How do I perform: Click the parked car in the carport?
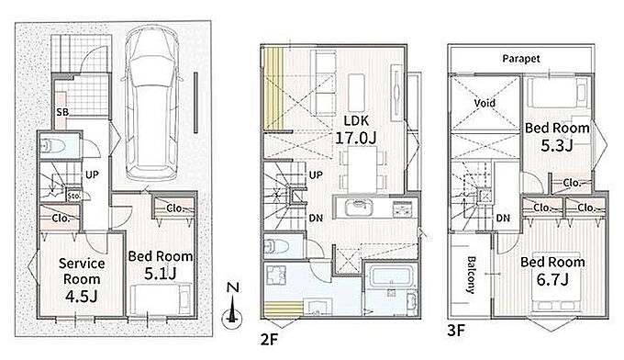point(151,103)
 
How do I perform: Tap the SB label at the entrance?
point(62,112)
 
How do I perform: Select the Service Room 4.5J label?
point(82,279)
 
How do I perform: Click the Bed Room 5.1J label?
point(161,264)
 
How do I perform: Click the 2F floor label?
point(269,340)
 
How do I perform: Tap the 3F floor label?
point(456,331)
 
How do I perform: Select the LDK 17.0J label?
point(356,129)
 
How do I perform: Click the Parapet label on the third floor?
point(521,59)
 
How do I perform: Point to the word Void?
point(485,103)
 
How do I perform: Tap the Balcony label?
point(471,275)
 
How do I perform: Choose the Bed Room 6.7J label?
point(552,271)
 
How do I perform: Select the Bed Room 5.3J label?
point(557,137)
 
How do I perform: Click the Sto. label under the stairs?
point(74,196)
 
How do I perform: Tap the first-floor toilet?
point(53,146)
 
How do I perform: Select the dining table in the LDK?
point(362,170)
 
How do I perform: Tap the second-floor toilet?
point(276,247)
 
